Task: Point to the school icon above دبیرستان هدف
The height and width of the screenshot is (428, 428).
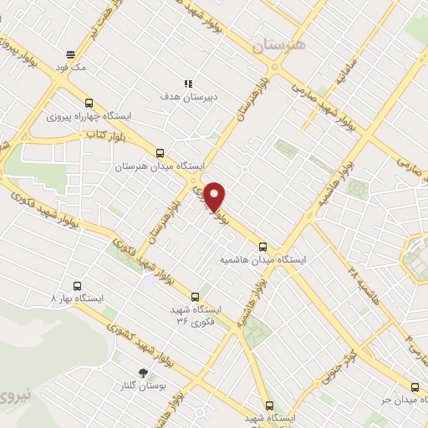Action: [189, 84]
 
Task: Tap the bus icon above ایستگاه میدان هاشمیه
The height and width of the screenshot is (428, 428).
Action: [263, 246]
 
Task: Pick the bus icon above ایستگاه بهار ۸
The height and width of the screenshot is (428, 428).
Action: [78, 283]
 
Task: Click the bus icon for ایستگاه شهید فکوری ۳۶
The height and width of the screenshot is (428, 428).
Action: [196, 296]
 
